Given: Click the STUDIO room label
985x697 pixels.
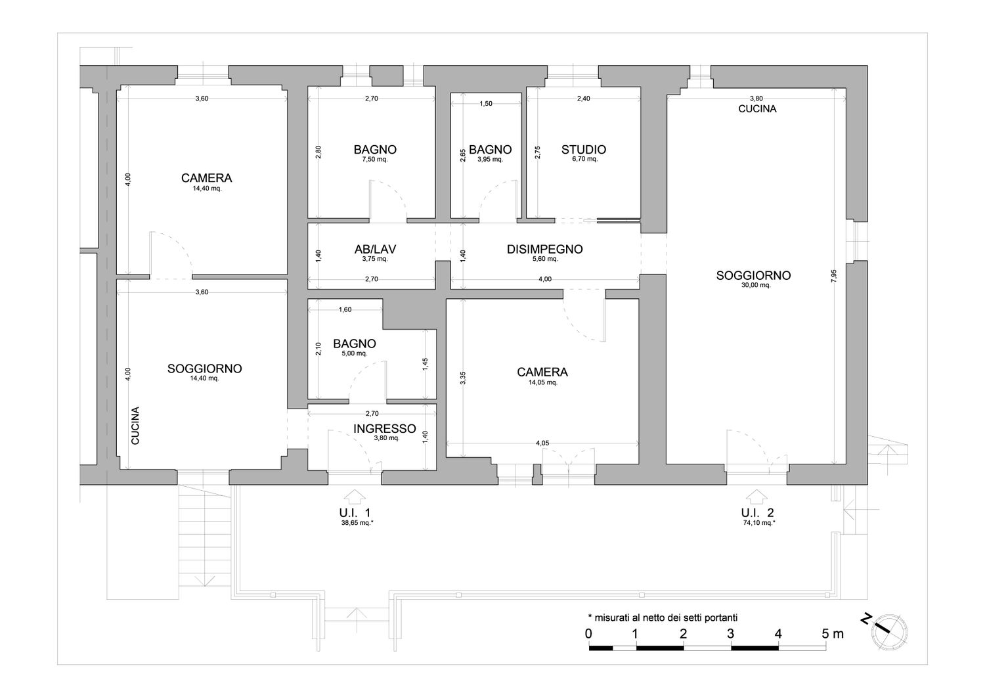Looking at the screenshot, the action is tap(584, 150).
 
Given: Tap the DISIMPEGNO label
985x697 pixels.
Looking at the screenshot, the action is tap(545, 250).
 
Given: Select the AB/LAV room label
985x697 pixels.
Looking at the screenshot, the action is tap(375, 250).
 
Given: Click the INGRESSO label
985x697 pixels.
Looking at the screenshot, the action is tap(385, 428).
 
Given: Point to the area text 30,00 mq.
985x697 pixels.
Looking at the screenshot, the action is tap(756, 285).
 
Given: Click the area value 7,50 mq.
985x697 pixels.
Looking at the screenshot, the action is tap(375, 159).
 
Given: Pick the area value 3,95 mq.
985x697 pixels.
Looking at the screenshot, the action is tap(491, 159).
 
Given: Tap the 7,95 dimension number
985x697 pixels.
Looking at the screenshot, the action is tap(834, 276).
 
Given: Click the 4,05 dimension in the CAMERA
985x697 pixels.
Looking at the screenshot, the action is tap(542, 443).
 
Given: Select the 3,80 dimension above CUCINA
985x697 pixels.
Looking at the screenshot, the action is tap(756, 99).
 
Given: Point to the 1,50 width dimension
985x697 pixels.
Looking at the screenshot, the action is tap(486, 104).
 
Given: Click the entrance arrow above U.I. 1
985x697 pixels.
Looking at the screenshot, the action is tap(355, 497).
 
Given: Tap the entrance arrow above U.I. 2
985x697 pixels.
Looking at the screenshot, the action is tap(756, 497).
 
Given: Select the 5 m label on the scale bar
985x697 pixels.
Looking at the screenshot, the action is tap(833, 634).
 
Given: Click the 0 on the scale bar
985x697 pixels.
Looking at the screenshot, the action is tap(588, 634).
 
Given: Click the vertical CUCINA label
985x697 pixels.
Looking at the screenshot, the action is tap(135, 426).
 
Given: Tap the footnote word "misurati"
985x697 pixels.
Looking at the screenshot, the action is tap(612, 618).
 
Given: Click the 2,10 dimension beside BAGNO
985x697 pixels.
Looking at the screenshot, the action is tap(318, 348).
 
